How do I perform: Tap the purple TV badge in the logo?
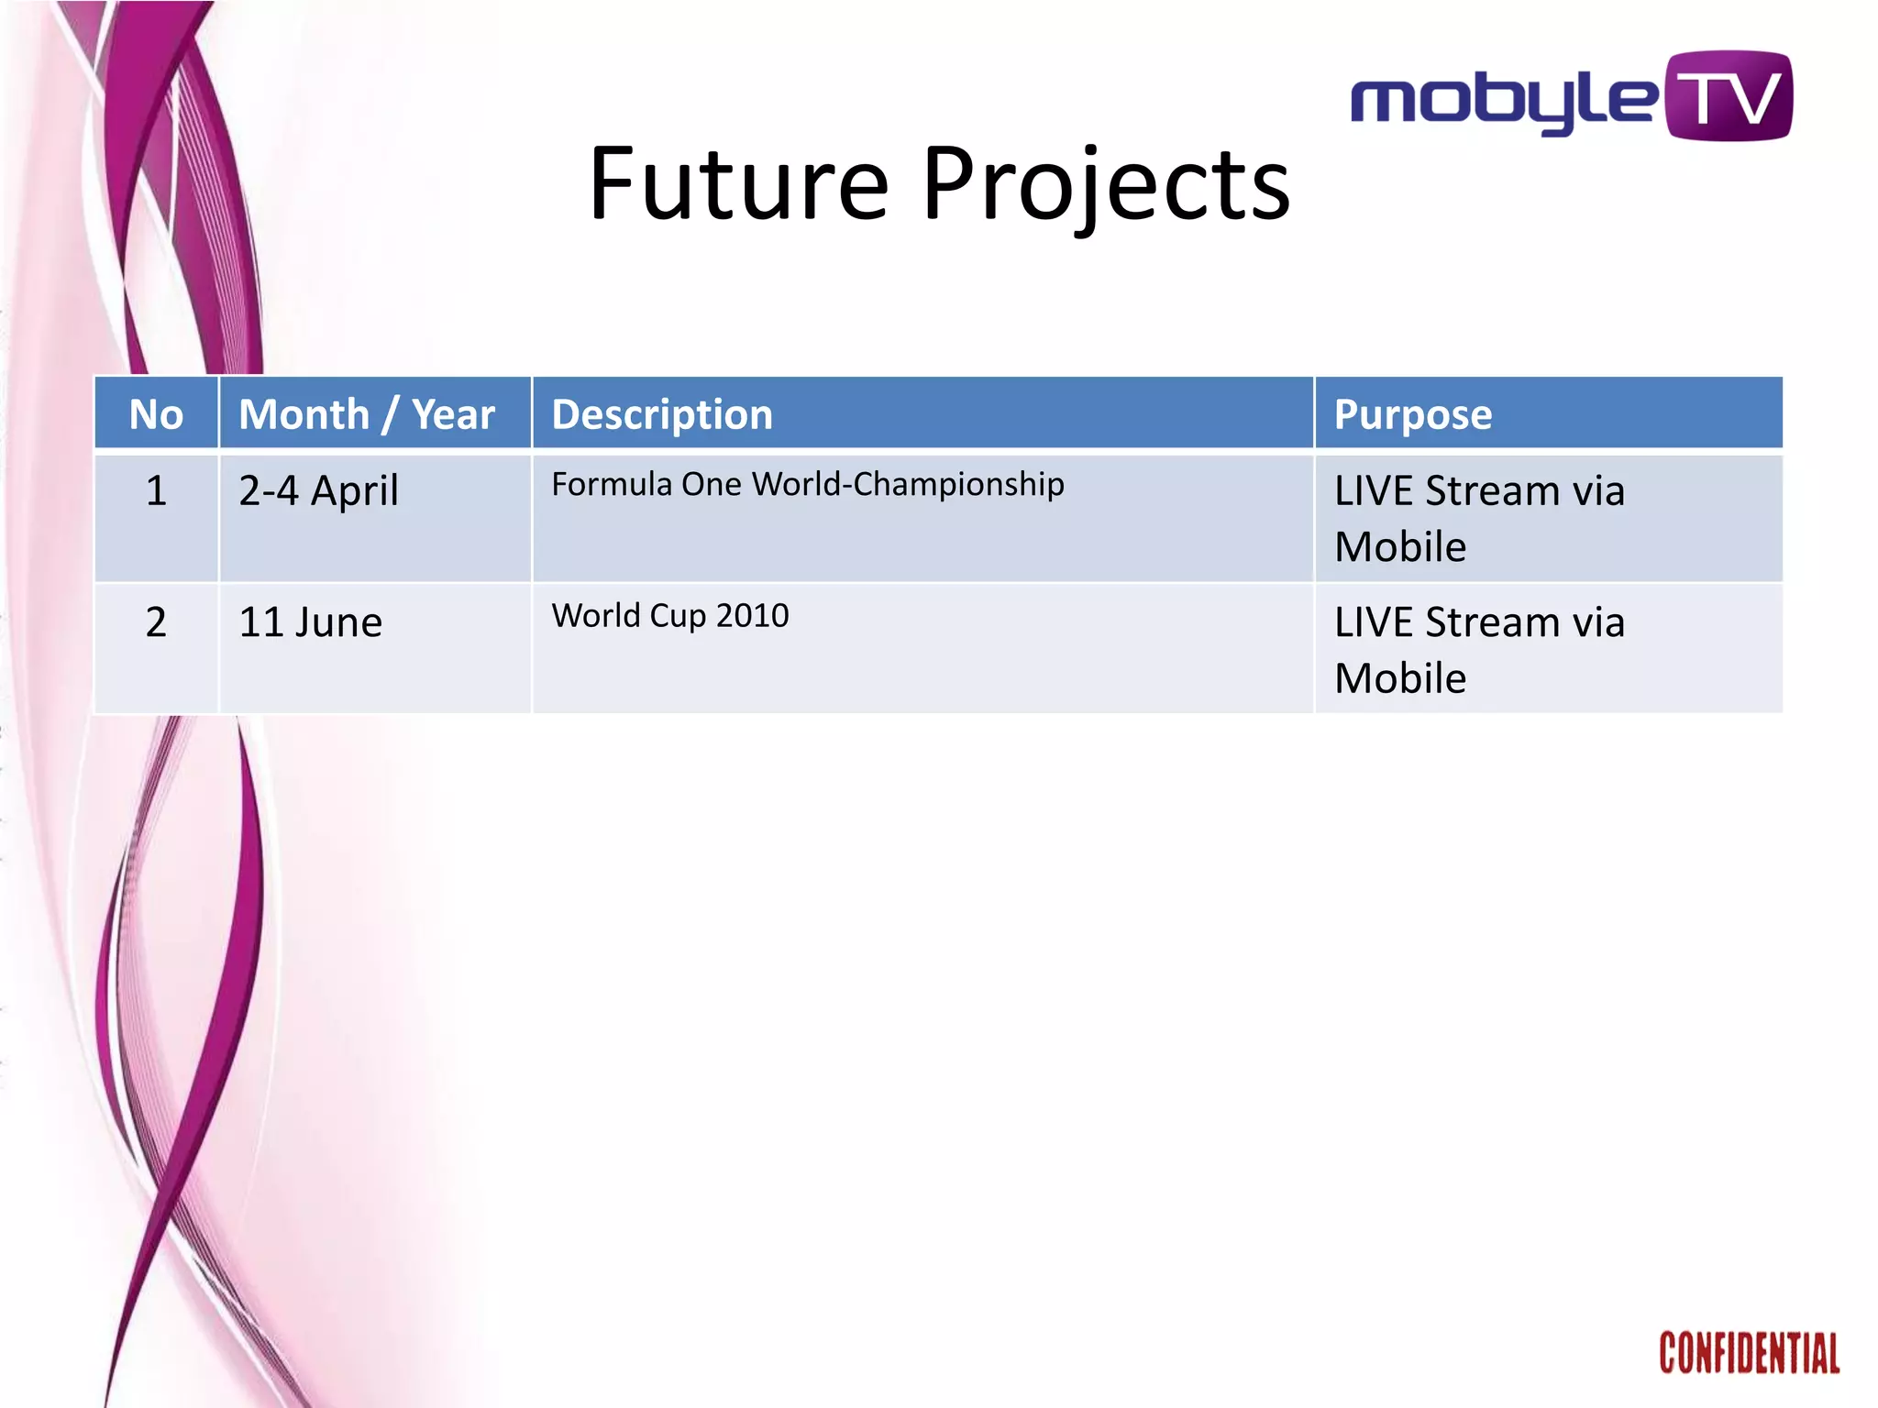[x=1729, y=96]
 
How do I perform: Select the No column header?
[x=156, y=414]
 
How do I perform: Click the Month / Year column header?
[x=367, y=414]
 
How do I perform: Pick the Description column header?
[x=662, y=414]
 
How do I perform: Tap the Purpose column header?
[x=1412, y=414]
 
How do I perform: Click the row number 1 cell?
[x=156, y=490]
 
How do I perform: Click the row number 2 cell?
[x=156, y=622]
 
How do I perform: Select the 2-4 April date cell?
[x=318, y=490]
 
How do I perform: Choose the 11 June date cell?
[x=310, y=622]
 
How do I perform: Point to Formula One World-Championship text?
[x=807, y=484]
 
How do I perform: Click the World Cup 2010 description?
[x=669, y=615]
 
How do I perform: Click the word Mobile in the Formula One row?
[x=1400, y=547]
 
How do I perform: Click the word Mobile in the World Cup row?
[x=1400, y=679]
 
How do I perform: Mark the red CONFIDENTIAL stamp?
[x=1749, y=1353]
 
